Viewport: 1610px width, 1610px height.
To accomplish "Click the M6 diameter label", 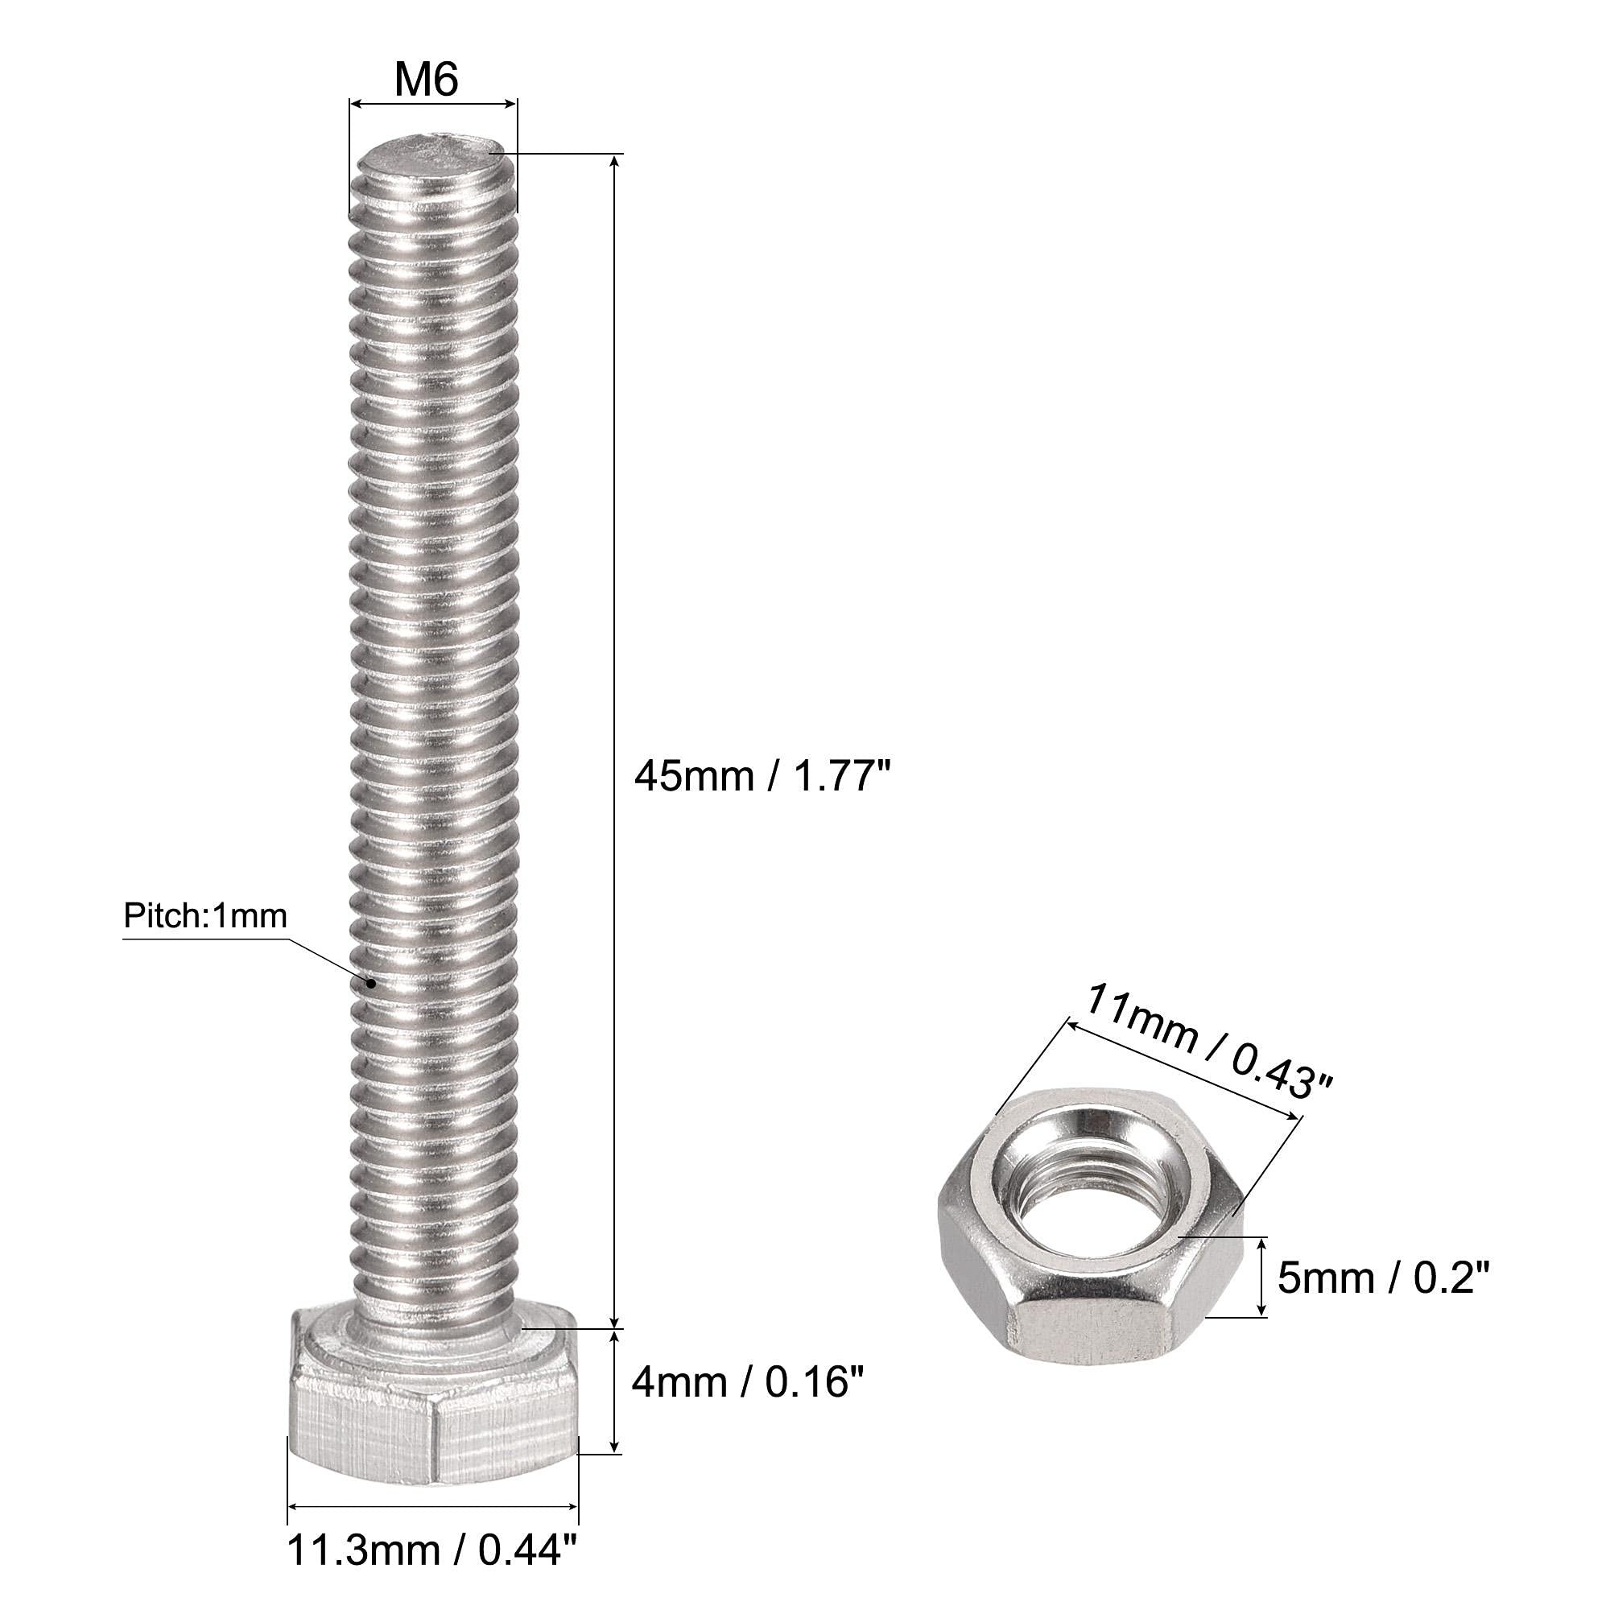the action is [427, 80].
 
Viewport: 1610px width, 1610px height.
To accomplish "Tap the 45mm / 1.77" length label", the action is [762, 777].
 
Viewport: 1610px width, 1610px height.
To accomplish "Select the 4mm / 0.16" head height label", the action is [748, 1383].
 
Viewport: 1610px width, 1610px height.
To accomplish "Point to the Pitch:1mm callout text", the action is [205, 917].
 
